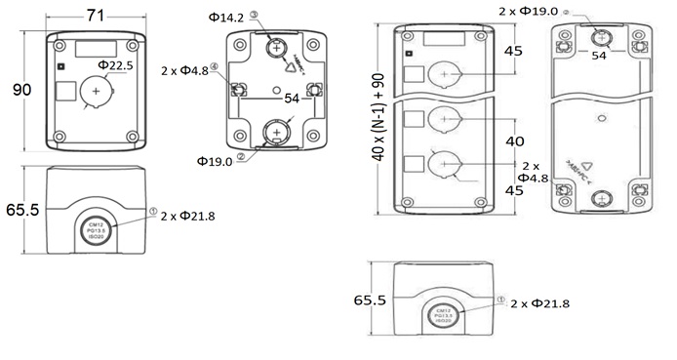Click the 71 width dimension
pyautogui.click(x=96, y=15)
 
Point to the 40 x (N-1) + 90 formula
pyautogui.click(x=384, y=121)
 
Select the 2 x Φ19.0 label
pyautogui.click(x=528, y=11)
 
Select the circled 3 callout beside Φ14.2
pyautogui.click(x=254, y=15)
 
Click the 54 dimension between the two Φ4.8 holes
pyautogui.click(x=291, y=99)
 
